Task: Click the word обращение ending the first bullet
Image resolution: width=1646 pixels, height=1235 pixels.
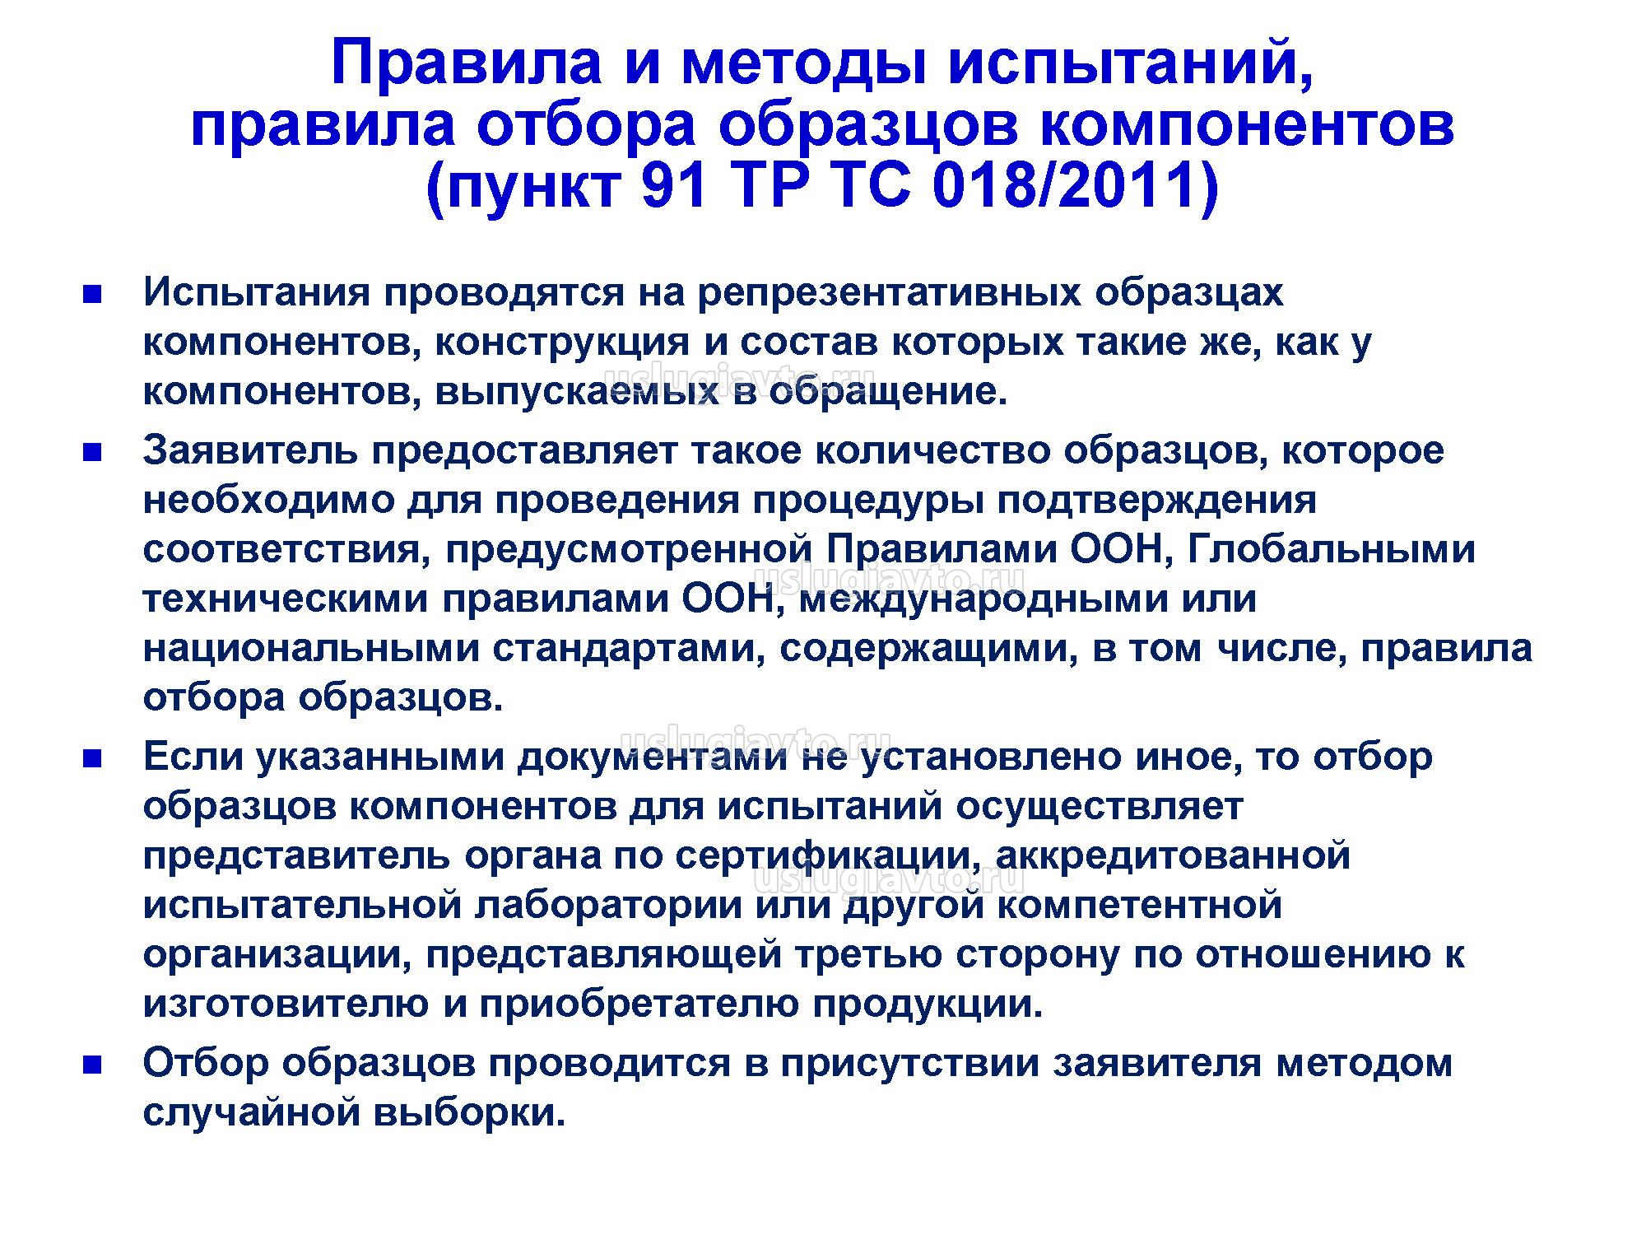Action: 888,393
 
